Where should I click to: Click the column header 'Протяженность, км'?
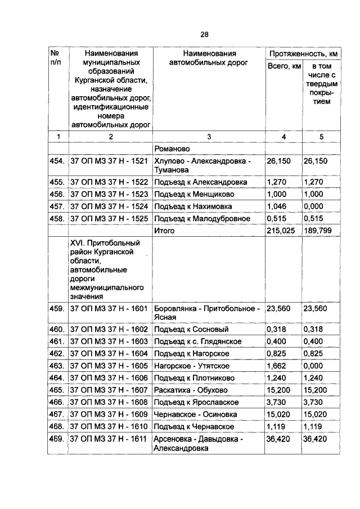(x=303, y=54)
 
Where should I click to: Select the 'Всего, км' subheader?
(x=283, y=67)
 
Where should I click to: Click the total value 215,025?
(x=282, y=231)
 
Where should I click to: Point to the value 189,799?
(x=319, y=231)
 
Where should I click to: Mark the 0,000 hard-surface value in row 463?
(x=314, y=366)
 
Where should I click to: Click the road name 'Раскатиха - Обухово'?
(x=188, y=390)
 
